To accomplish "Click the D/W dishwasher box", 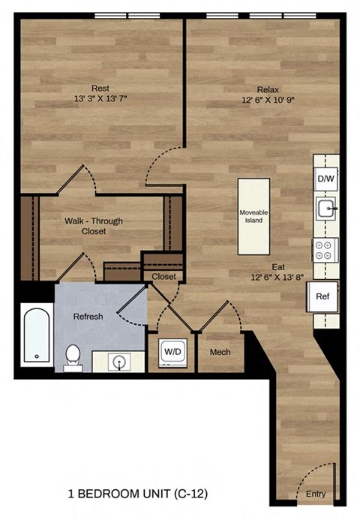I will [325, 179].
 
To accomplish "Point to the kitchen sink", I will [325, 209].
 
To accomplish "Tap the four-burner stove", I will [325, 249].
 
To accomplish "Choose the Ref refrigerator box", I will [322, 296].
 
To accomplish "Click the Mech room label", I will [220, 352].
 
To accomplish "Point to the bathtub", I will [36, 335].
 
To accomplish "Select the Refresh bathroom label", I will [88, 316].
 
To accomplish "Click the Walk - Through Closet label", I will [93, 226].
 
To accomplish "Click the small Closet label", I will [163, 277].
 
